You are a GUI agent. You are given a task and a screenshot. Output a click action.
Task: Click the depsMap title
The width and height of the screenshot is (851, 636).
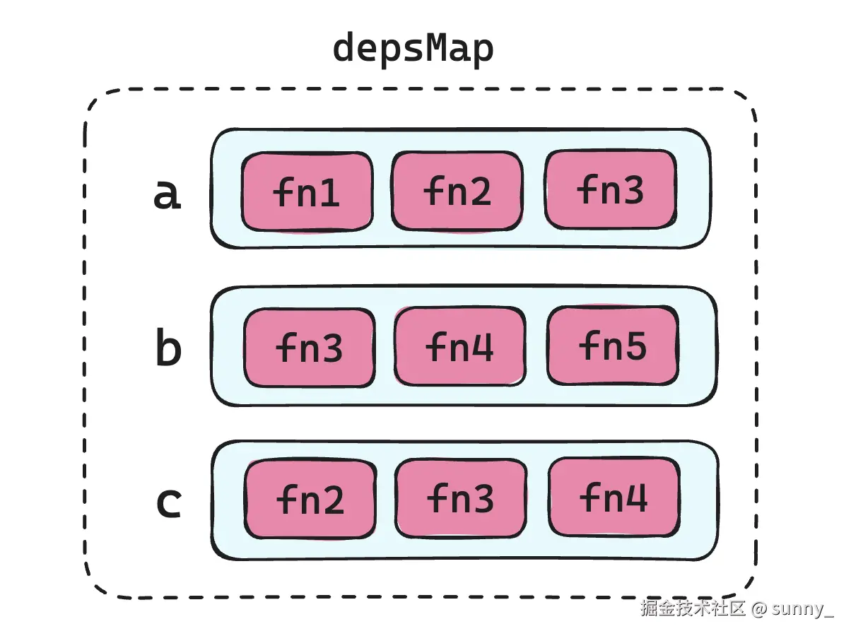[x=413, y=49]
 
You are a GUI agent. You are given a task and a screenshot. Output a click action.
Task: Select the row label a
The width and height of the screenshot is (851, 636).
[x=168, y=194]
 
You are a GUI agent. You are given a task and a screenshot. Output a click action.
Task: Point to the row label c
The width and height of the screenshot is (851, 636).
[x=168, y=502]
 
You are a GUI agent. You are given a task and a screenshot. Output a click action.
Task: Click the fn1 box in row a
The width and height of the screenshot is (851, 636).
[x=307, y=192]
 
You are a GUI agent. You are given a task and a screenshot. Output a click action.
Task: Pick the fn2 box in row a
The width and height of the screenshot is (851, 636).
[x=457, y=192]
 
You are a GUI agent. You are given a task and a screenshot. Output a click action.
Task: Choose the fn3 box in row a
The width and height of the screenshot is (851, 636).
[x=610, y=189]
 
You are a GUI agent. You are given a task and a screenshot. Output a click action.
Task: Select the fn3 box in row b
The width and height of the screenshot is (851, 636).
[x=309, y=348]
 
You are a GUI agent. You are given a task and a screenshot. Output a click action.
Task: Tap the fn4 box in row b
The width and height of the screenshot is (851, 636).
[x=459, y=346]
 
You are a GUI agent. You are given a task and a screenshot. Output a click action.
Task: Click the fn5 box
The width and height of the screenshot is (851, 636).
[x=612, y=346]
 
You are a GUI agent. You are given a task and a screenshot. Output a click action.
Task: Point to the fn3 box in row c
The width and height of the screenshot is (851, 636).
[x=460, y=499]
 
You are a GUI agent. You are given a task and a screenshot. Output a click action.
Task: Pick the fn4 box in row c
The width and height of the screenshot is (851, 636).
[x=614, y=497]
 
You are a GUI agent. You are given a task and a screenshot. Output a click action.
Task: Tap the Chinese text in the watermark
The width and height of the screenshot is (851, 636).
[x=693, y=608]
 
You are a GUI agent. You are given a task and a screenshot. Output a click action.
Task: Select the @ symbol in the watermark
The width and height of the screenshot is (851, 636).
[x=759, y=608]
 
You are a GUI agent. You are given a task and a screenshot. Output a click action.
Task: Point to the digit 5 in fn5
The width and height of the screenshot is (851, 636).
[x=635, y=346]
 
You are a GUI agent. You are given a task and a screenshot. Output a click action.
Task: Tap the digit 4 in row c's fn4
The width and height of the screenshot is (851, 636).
[x=636, y=497]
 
